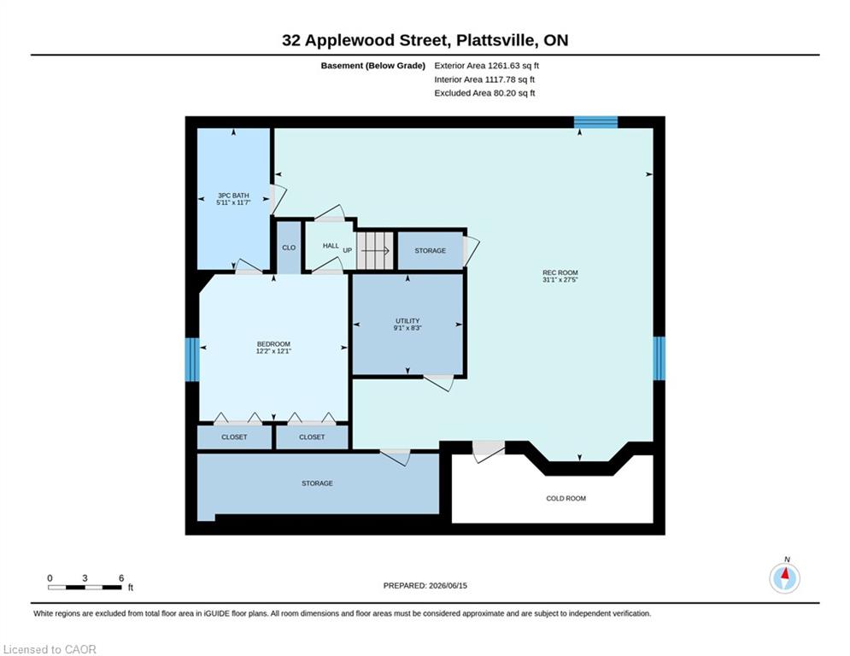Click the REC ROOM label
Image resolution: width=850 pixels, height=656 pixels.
pos(560,272)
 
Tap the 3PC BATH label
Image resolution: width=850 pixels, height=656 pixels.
pos(233,196)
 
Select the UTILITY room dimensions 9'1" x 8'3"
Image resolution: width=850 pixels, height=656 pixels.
pos(407,328)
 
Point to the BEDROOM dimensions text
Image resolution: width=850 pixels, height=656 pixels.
pos(273,351)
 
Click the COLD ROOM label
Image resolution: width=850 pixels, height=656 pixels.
pos(566,498)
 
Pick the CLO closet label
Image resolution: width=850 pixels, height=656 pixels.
pos(289,248)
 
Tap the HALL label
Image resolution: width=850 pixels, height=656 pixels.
pos(331,246)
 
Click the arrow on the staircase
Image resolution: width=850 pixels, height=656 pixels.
pos(375,250)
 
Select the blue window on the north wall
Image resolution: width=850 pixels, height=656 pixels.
pos(595,122)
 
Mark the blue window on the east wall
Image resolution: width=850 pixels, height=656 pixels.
pos(659,359)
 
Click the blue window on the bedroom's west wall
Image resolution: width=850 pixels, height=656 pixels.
pos(192,360)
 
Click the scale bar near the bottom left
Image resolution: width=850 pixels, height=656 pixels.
pos(85,587)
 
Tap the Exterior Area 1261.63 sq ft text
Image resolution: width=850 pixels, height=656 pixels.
pos(486,66)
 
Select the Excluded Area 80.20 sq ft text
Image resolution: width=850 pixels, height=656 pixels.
pos(484,93)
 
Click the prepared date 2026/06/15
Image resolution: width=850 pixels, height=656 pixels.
pos(448,585)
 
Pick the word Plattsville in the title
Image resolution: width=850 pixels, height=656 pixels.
pos(496,40)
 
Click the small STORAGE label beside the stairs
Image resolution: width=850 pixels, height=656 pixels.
pos(431,250)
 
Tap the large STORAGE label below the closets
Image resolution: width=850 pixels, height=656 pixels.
pos(317,483)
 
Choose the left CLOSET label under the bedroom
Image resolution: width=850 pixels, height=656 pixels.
pos(234,437)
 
